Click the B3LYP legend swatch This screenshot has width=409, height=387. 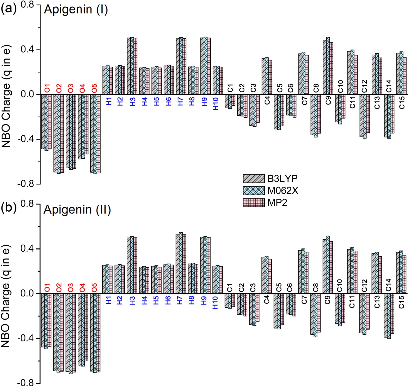point(254,179)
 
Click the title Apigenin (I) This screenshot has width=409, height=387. point(76,10)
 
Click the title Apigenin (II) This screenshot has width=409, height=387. point(77,210)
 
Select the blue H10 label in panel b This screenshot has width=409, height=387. point(215,303)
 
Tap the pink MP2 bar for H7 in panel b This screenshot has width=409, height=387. point(184,264)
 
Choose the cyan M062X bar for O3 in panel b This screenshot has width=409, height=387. point(71,334)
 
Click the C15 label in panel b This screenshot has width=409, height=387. point(401,302)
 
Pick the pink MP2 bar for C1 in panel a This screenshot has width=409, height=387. point(233,100)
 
